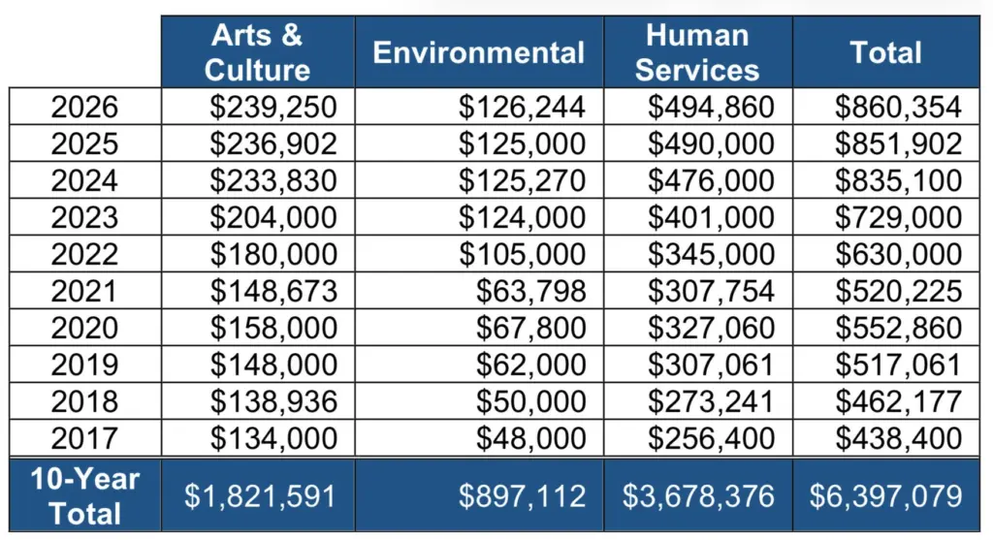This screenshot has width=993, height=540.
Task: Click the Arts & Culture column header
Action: tap(258, 52)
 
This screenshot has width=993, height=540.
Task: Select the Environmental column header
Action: tap(478, 52)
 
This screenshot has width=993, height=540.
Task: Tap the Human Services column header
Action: tap(697, 52)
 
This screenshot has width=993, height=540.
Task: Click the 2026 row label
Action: tap(84, 107)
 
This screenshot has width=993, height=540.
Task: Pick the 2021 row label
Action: tap(84, 291)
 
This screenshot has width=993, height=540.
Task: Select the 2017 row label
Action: tap(84, 438)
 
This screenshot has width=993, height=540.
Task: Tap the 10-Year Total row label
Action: tap(84, 495)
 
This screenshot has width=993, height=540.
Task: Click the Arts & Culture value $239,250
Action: tap(273, 107)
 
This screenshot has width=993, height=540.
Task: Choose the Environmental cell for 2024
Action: tap(522, 180)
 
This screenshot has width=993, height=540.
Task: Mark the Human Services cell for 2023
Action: tap(711, 217)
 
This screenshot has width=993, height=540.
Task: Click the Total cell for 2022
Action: tap(898, 254)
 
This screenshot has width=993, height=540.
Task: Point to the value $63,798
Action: tap(530, 291)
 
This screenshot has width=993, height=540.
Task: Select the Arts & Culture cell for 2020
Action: tap(273, 328)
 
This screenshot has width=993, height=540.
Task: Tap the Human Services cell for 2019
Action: tap(711, 365)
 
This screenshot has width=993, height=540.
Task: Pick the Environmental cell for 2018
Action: tap(530, 401)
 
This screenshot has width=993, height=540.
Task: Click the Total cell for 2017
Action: tap(898, 438)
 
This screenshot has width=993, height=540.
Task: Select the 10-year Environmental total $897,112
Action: tap(522, 496)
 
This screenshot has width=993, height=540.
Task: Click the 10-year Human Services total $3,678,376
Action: tap(697, 496)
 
